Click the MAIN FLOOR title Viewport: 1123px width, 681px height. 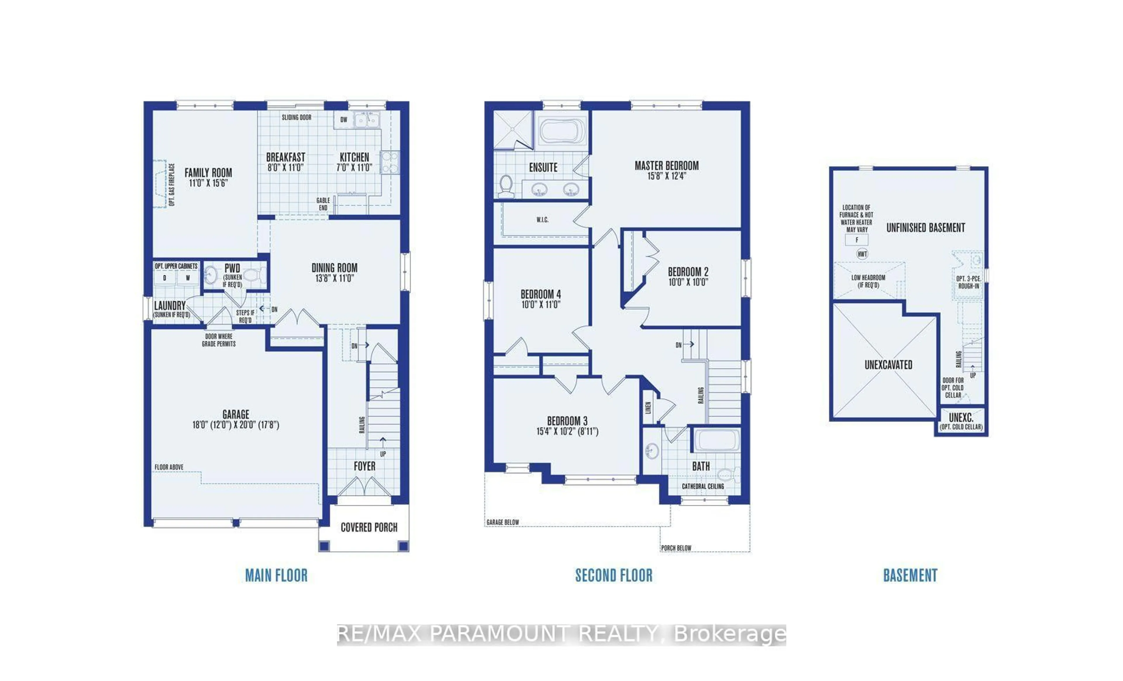click(276, 575)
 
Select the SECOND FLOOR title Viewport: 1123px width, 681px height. click(614, 575)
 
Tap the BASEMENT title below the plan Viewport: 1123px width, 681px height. click(910, 575)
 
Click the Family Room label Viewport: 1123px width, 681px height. click(208, 173)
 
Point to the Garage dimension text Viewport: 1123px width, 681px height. click(236, 425)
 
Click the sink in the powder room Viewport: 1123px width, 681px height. click(211, 275)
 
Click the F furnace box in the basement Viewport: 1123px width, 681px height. click(856, 240)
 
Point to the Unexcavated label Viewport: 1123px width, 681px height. click(888, 364)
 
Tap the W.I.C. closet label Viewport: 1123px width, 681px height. click(542, 219)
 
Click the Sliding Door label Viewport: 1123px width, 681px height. click(296, 117)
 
